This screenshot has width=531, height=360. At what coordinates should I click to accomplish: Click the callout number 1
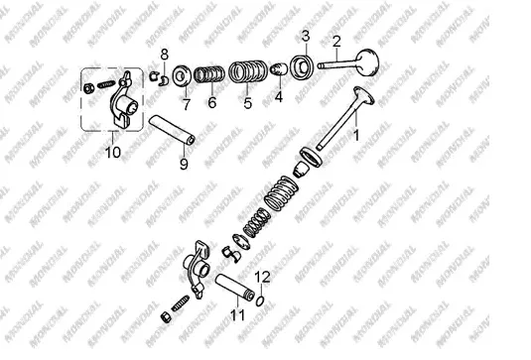356,135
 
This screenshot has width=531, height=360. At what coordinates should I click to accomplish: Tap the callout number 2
336,42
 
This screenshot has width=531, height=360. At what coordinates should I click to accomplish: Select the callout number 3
306,36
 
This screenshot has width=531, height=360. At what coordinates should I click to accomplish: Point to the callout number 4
278,97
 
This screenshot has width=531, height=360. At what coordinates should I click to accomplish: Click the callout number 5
247,102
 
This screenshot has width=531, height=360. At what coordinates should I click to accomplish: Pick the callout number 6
212,102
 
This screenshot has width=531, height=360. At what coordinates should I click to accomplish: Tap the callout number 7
187,104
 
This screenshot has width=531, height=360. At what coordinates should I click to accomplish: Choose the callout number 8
164,55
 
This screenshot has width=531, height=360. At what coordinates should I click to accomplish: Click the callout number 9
184,164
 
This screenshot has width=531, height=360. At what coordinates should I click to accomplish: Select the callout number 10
113,153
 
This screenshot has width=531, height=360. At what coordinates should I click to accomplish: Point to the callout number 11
237,315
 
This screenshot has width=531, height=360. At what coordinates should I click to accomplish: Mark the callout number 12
262,277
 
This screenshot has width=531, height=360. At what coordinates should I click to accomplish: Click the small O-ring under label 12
260,300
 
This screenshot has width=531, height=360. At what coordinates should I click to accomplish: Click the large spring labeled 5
248,71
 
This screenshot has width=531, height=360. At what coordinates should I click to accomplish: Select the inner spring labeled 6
209,74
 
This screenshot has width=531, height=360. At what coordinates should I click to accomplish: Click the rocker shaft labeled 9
172,130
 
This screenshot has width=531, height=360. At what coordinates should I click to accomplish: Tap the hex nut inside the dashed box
88,88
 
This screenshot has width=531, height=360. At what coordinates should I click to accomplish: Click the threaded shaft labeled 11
234,287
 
